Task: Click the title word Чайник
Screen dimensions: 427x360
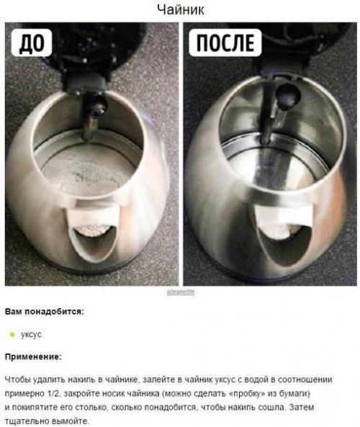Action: click(x=179, y=9)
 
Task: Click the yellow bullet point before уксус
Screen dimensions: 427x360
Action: click(x=12, y=334)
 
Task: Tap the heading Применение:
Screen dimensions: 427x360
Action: click(x=33, y=356)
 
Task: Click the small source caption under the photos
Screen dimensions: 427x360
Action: click(x=181, y=292)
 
